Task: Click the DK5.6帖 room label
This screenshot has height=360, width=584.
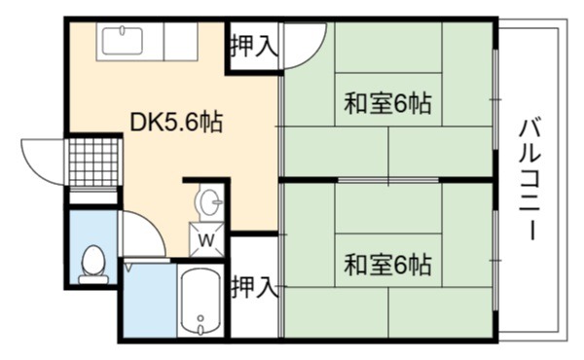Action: point(176,122)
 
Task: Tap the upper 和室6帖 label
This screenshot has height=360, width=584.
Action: point(387,103)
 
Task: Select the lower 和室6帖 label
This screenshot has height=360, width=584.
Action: point(387,265)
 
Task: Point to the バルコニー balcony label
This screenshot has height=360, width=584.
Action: point(529,179)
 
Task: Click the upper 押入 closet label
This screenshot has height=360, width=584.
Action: point(254,46)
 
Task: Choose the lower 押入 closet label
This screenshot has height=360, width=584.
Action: point(254,287)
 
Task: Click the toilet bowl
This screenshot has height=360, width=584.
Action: point(93,260)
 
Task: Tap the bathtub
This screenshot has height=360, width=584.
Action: point(201,303)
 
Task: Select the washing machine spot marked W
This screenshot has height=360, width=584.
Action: point(206,239)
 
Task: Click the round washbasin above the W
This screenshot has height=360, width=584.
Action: point(210,202)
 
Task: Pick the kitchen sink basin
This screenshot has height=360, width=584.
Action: point(123,41)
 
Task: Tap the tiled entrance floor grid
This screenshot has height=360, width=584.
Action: point(94,162)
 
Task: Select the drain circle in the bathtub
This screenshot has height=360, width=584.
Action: point(201,318)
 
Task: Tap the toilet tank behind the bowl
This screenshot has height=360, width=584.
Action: point(93,279)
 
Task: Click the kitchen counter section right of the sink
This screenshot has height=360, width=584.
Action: point(181,41)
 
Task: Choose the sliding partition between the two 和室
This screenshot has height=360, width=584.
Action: point(387,181)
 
